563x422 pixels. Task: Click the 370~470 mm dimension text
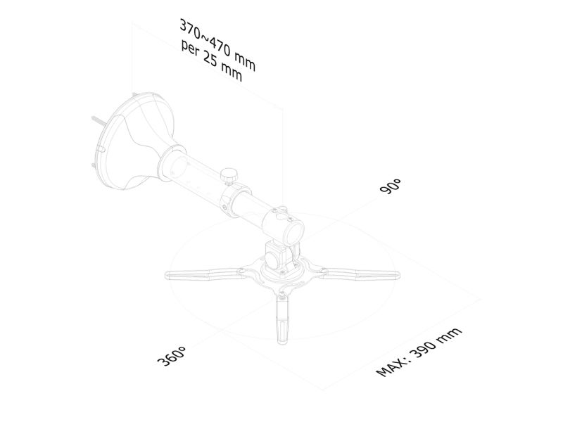217,45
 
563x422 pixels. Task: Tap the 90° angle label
390,186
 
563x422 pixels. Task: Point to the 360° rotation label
172,356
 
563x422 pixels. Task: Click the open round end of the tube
294,232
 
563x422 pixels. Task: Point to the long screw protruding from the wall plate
98,121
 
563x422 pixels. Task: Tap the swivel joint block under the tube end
277,256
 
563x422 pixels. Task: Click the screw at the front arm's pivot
283,295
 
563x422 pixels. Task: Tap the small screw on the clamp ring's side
224,207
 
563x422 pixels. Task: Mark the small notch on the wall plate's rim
101,148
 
